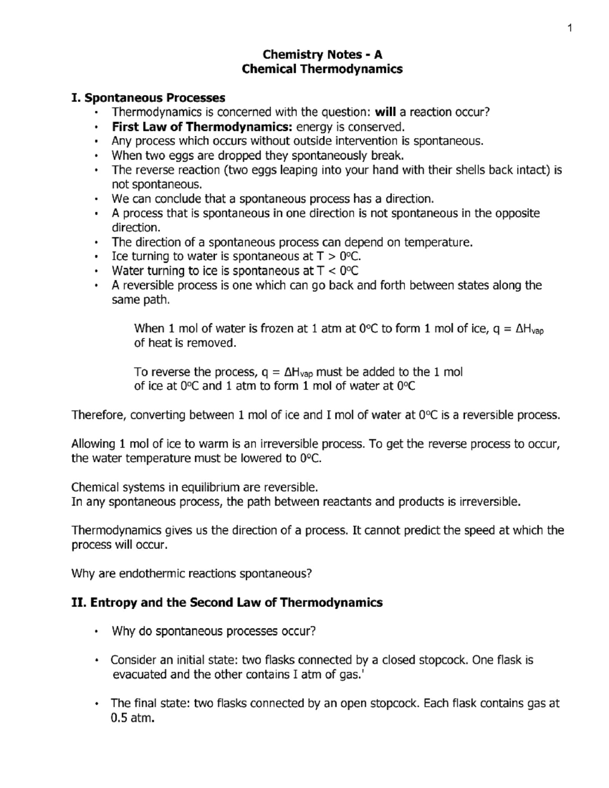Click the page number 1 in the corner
tap(570, 28)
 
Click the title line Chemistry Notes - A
tap(322, 54)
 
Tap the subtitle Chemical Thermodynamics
tap(322, 69)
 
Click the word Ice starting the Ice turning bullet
tap(120, 257)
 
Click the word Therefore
tap(98, 416)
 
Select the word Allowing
tap(93, 444)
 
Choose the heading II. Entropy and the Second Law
tap(227, 603)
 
